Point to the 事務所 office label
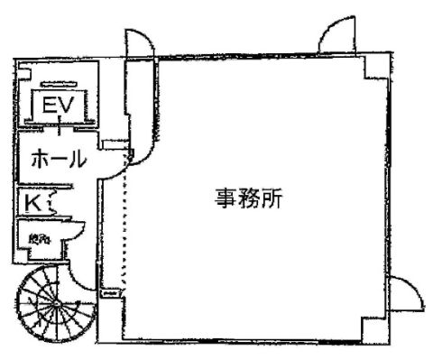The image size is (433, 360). point(249,199)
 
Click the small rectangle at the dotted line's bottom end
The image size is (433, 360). point(110,293)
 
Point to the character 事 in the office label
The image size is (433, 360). point(225,199)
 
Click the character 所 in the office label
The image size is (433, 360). point(273,199)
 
